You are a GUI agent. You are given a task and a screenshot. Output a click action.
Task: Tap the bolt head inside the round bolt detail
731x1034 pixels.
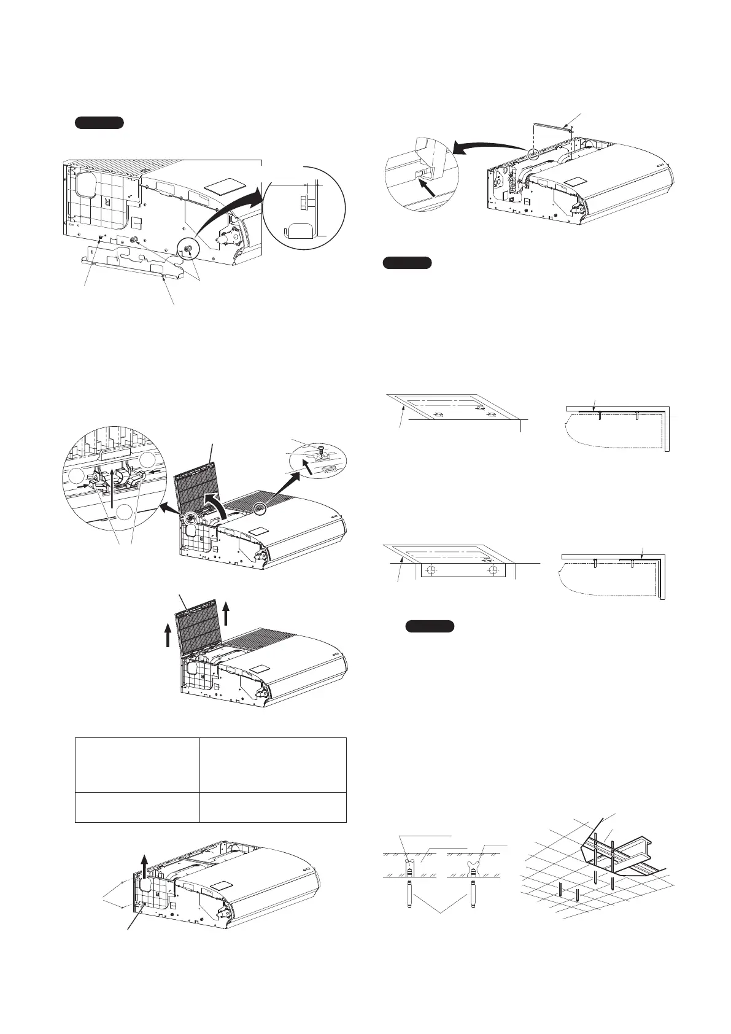[x=301, y=201]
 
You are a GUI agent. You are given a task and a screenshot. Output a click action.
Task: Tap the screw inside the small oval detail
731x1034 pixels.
[x=321, y=454]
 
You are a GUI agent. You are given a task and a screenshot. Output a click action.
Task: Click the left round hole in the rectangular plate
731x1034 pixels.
[x=431, y=570]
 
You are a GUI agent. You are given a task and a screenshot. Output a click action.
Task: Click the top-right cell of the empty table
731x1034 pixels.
[x=273, y=765]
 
